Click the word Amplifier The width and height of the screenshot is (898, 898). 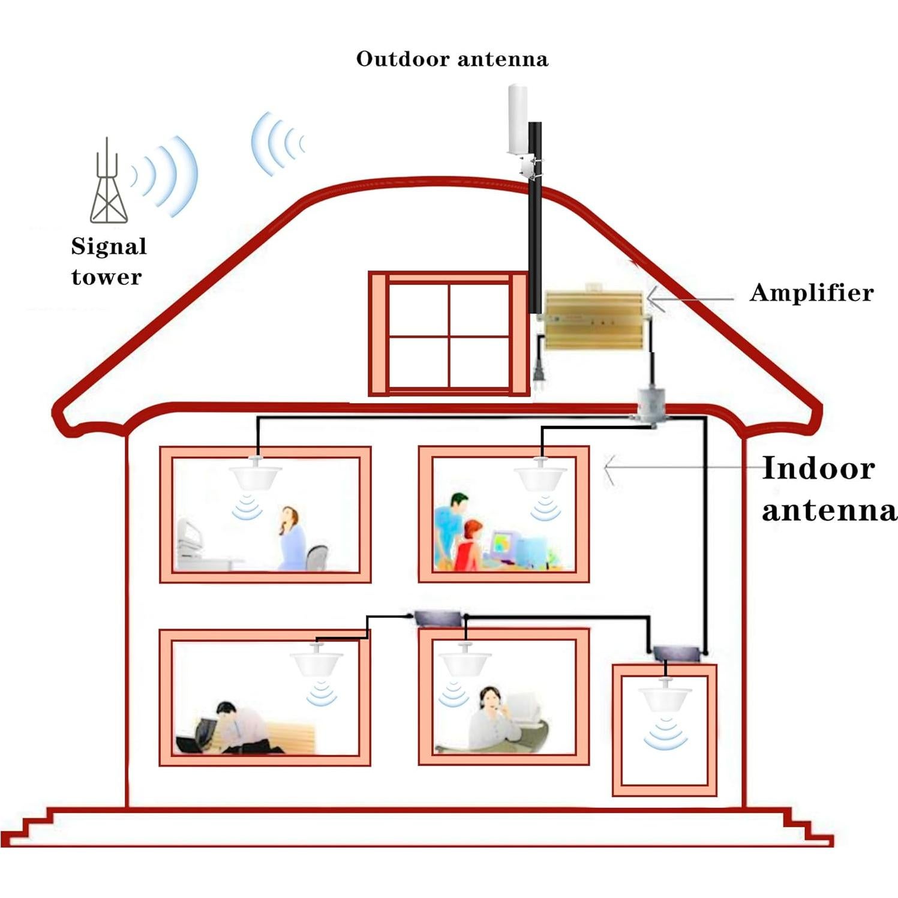click(x=811, y=293)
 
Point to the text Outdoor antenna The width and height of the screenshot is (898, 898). click(x=452, y=59)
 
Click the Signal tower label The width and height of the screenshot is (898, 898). click(x=109, y=262)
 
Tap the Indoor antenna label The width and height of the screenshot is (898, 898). click(x=828, y=489)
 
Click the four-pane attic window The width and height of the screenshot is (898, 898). click(x=449, y=334)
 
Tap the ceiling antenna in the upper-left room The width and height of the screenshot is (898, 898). click(x=256, y=474)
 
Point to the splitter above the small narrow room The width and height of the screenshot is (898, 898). click(x=676, y=652)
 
